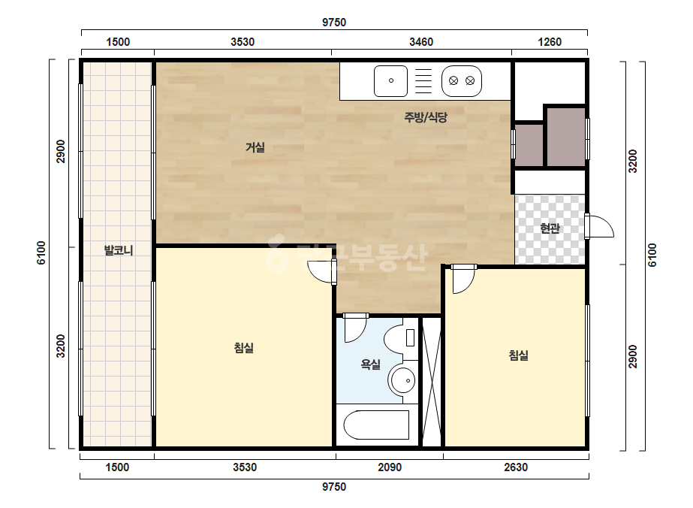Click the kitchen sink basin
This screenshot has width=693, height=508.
point(390,81)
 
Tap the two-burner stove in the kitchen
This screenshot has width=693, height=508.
point(462,81)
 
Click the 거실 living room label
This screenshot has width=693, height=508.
point(255,147)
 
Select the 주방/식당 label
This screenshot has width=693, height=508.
point(426,117)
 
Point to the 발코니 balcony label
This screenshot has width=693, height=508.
point(119,250)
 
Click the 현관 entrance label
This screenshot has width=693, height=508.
point(550,228)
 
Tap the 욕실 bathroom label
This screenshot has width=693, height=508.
point(370,364)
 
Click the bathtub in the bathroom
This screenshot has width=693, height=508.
point(376,425)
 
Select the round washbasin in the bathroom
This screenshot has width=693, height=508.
point(402,379)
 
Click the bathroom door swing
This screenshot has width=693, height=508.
point(355,329)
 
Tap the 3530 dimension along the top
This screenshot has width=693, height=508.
point(243,42)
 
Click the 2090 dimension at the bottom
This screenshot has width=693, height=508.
point(390,467)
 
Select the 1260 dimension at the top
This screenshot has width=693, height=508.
point(550,42)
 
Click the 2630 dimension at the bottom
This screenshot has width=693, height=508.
point(516,467)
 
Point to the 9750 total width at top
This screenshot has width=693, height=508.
point(334,22)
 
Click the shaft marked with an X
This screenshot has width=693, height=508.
point(432,382)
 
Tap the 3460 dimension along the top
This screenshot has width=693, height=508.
point(421,42)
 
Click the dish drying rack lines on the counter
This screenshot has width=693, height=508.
point(423,81)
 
